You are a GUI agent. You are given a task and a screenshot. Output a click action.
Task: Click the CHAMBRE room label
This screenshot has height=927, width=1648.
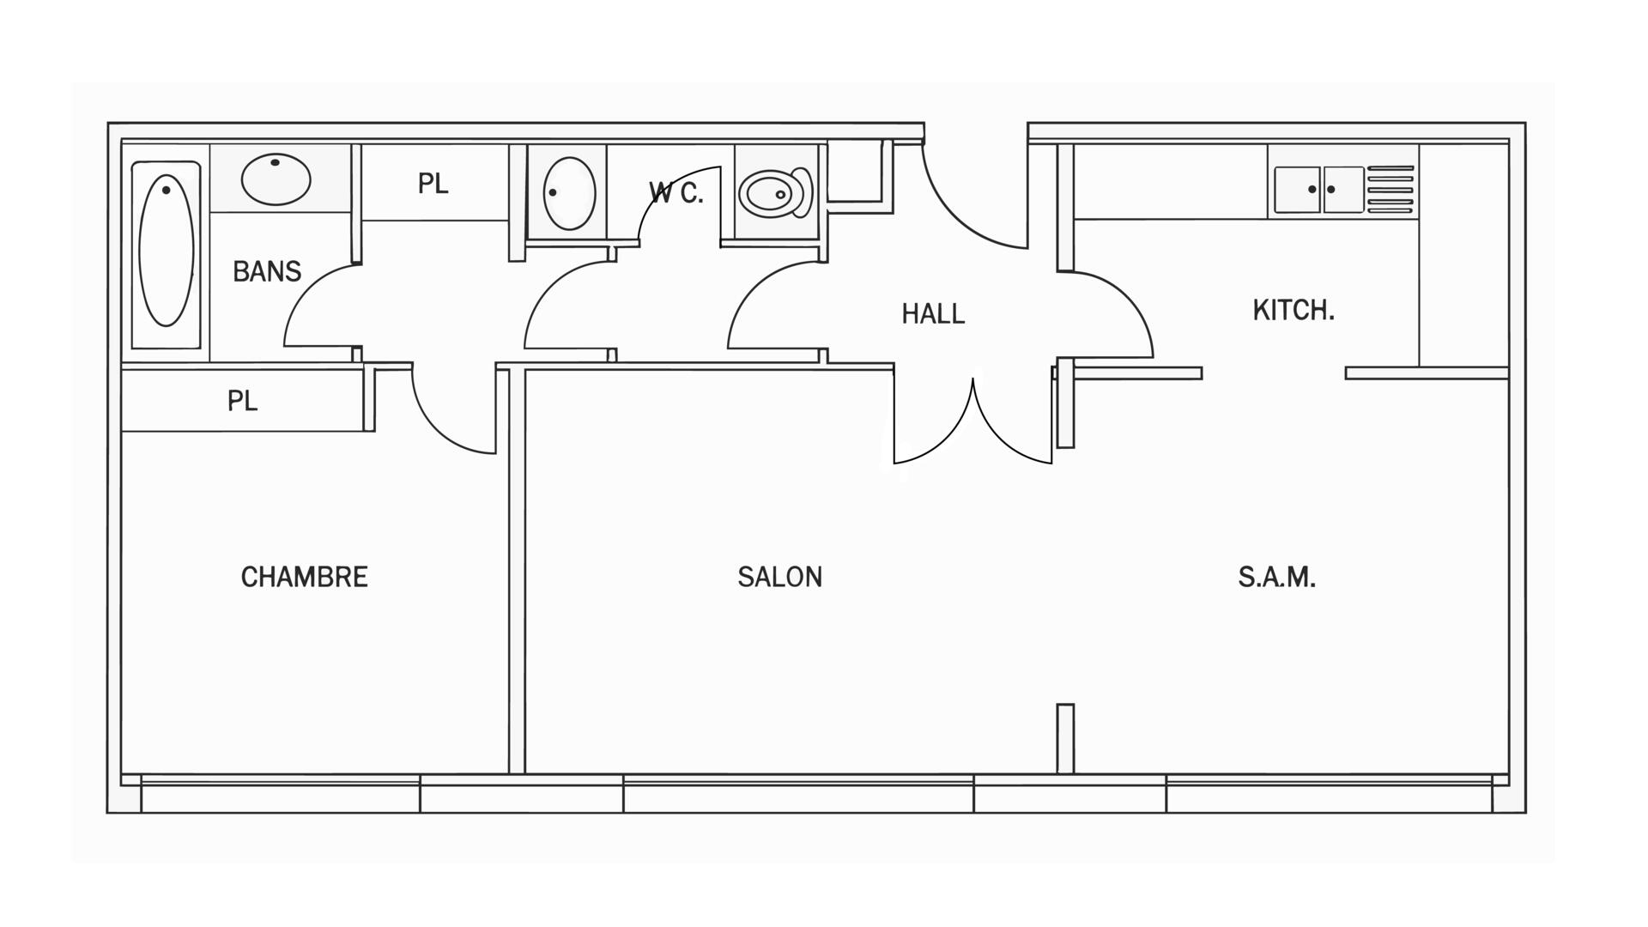click(x=304, y=577)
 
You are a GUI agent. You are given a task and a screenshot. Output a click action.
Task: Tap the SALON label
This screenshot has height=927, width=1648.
click(x=779, y=577)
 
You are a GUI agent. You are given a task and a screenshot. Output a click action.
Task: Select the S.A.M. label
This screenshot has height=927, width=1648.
click(x=1276, y=577)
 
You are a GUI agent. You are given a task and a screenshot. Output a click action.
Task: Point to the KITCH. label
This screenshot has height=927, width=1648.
click(x=1294, y=310)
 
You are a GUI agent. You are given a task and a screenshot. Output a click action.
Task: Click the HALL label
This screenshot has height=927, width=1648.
click(x=933, y=314)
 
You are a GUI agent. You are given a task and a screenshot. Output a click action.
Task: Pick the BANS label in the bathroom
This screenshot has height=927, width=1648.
click(x=267, y=271)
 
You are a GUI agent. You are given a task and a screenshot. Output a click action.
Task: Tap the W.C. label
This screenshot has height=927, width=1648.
click(x=676, y=193)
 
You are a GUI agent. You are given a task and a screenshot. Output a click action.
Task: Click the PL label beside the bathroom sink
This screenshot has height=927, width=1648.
click(x=433, y=184)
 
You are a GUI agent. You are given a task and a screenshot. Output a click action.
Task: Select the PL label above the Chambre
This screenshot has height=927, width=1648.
click(x=243, y=401)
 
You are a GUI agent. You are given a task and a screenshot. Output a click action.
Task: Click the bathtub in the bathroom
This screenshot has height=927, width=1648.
click(x=167, y=251)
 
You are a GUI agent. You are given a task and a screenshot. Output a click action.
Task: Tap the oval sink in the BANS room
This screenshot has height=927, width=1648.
click(x=276, y=179)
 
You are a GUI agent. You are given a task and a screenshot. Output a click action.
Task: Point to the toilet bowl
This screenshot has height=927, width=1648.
click(x=775, y=193)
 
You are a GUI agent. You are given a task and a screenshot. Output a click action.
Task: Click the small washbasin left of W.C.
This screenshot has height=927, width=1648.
click(x=569, y=193)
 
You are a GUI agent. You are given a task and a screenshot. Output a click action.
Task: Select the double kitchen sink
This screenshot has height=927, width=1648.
click(x=1318, y=190)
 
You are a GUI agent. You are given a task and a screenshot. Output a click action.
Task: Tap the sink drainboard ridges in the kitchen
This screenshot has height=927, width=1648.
click(x=1390, y=190)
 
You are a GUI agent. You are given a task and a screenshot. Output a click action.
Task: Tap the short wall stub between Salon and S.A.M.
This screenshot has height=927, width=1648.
click(x=1065, y=738)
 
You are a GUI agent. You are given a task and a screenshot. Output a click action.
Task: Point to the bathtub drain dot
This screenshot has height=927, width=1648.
click(x=166, y=189)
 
